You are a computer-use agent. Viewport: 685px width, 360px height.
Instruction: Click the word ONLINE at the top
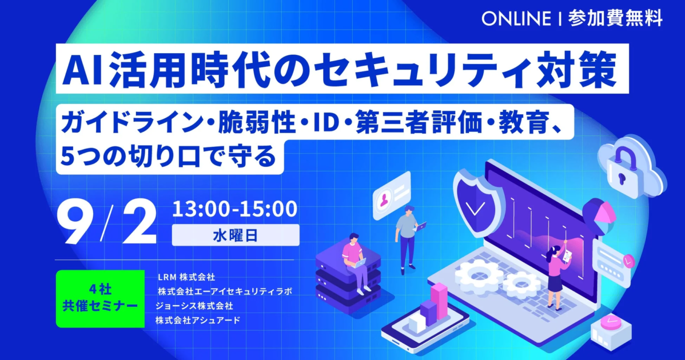click(516, 18)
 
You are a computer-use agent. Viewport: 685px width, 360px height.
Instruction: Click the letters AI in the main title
click(83, 69)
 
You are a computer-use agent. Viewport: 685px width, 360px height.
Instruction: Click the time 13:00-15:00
click(234, 209)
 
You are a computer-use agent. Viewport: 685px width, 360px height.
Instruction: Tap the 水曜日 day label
click(236, 235)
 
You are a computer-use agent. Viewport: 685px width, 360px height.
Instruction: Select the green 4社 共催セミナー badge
click(100, 298)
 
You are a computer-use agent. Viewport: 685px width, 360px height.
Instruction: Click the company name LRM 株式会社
click(186, 277)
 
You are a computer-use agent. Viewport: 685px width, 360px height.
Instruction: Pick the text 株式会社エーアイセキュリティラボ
click(225, 291)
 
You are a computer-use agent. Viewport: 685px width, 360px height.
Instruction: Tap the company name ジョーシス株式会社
click(194, 306)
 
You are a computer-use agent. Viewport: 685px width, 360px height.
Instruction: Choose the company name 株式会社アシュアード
click(197, 320)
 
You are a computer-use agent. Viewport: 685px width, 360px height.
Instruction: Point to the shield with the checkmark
click(475, 203)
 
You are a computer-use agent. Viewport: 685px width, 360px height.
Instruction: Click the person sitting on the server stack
click(357, 262)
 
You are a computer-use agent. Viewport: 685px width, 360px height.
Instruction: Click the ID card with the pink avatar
click(392, 195)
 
